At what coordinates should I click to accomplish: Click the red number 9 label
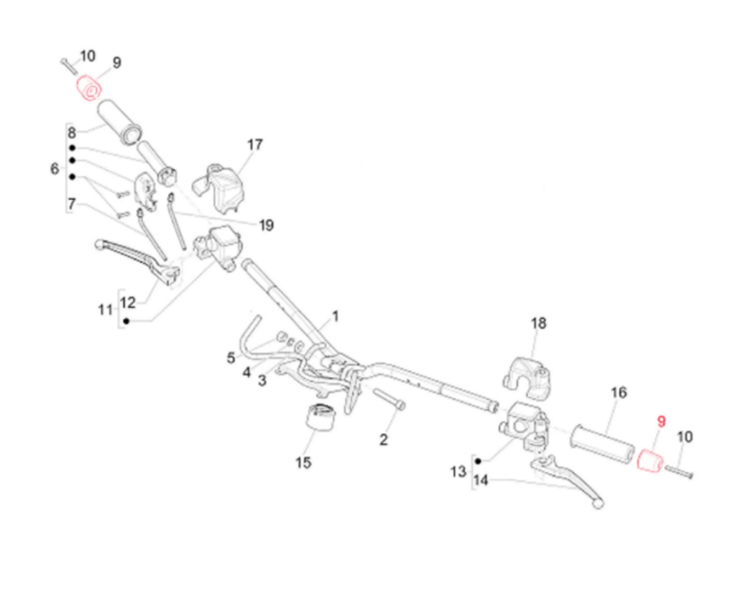click(660, 421)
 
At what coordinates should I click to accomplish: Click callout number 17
click(255, 145)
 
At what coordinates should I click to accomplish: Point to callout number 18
click(538, 323)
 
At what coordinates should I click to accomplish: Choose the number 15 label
click(303, 462)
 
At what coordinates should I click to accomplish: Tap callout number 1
click(335, 316)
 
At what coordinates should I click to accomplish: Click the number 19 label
click(266, 225)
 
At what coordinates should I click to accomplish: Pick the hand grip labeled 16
click(602, 443)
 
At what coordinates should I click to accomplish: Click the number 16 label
click(618, 392)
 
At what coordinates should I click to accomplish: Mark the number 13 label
click(458, 472)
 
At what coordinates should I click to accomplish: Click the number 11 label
click(104, 310)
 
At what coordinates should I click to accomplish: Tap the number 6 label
click(55, 169)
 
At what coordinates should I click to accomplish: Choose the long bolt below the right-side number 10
click(679, 471)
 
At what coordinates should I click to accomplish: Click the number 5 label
click(231, 358)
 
